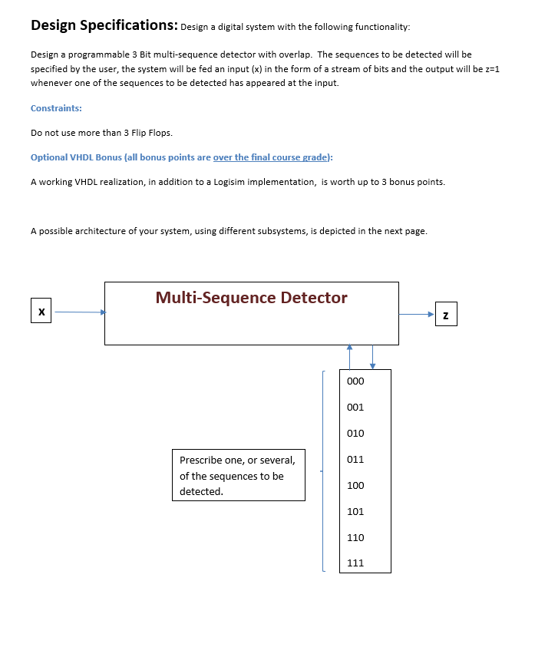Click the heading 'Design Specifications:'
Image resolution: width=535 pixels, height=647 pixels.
[x=104, y=25]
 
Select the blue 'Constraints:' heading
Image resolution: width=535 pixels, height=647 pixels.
[x=56, y=108]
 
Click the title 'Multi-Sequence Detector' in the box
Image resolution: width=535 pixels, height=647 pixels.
[x=251, y=298]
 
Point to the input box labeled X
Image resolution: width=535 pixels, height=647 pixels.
[x=41, y=312]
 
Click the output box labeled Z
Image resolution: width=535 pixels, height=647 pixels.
[x=446, y=315]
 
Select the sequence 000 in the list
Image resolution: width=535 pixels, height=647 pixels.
[x=355, y=381]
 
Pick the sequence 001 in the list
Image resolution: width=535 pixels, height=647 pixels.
[x=355, y=408]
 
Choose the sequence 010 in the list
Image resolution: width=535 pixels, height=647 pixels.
[x=355, y=434]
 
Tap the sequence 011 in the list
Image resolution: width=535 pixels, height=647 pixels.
[x=355, y=460]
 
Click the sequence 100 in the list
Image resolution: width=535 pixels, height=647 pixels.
[x=355, y=486]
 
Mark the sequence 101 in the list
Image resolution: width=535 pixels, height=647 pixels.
[x=355, y=512]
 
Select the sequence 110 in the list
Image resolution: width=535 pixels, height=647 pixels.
[x=355, y=538]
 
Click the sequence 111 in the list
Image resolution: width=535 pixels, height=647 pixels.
[x=355, y=563]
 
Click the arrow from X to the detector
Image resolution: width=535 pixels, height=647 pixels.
[x=78, y=312]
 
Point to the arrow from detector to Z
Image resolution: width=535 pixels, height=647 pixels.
[x=416, y=314]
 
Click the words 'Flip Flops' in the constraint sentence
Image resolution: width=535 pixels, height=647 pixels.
[x=140, y=133]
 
